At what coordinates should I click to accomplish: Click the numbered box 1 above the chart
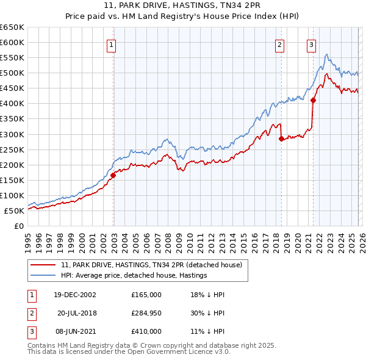coord(113,44)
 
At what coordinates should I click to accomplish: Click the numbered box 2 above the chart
coord(280,44)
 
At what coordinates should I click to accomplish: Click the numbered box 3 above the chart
coord(311,44)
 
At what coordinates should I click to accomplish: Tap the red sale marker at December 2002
coord(113,175)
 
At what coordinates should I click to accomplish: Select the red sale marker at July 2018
coord(281,139)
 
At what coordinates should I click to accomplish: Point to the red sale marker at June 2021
coord(313,101)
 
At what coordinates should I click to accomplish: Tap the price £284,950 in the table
coord(146,313)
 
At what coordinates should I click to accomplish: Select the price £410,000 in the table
coord(146,331)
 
